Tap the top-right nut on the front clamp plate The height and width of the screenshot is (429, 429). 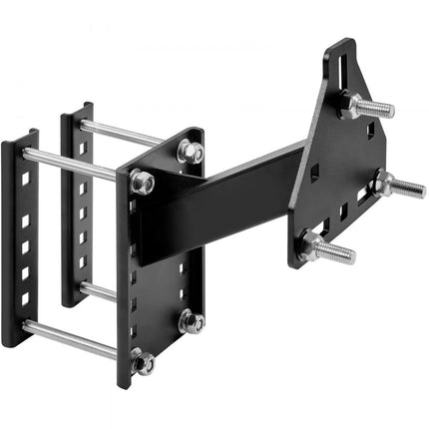coord(190,151)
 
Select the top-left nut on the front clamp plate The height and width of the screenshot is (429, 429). coord(143,183)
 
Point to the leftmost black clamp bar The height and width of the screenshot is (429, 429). coord(20,239)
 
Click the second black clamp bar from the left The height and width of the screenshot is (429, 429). coord(75,205)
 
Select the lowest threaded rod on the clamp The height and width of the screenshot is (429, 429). coord(75,340)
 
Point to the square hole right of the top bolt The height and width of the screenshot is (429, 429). coord(370,131)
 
